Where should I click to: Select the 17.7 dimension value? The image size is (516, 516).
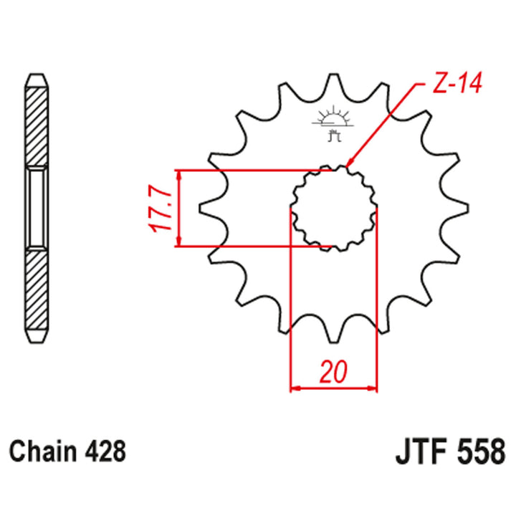tap(159, 209)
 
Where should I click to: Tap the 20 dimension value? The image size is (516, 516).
tap(333, 373)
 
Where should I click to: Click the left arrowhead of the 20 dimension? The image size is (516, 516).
tap(294, 390)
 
